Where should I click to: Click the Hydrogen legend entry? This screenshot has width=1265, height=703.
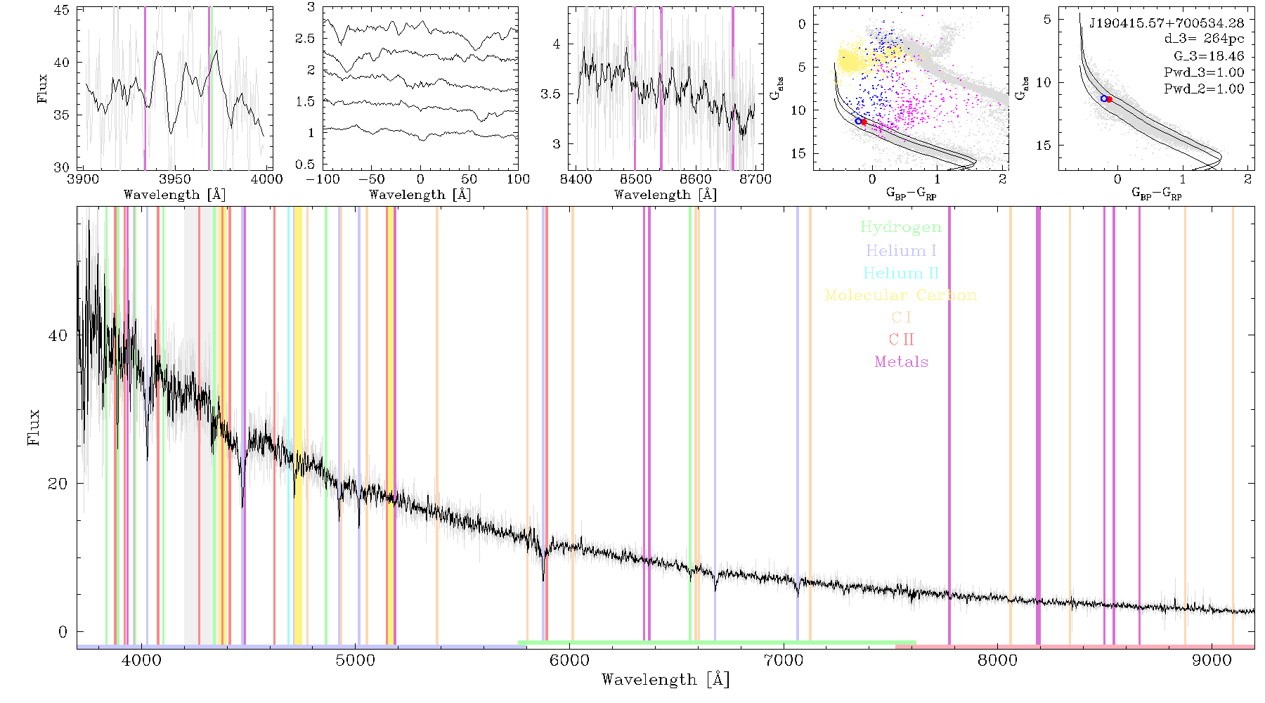901,227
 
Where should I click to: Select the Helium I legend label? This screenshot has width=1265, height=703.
901,250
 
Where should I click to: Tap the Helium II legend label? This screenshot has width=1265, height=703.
901,273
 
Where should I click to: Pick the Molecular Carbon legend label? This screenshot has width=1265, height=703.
901,295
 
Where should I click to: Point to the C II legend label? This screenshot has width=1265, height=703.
901,340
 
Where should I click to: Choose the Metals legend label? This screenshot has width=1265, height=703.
901,362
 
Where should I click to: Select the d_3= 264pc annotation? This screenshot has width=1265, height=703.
1204,39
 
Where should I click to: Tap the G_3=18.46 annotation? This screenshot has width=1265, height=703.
1209,56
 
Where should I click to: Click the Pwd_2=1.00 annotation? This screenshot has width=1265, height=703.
1204,89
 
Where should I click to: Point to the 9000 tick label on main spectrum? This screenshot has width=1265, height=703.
1212,661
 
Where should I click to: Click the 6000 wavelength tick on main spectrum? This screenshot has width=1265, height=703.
569,661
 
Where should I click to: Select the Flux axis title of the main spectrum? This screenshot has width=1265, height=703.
32,427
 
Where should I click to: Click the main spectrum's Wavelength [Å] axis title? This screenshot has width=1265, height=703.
666,680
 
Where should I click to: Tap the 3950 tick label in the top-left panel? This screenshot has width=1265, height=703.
175,179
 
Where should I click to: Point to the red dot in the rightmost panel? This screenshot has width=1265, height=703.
1109,99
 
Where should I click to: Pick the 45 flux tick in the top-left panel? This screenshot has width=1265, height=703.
62,11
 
